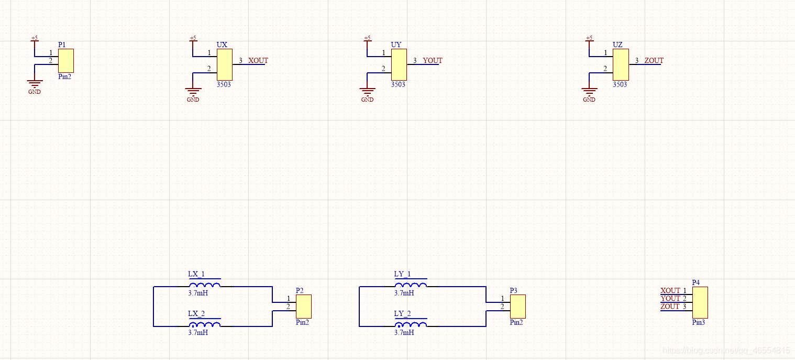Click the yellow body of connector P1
click(x=66, y=60)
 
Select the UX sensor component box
click(x=225, y=64)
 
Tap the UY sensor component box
click(x=399, y=64)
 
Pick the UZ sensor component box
click(x=621, y=64)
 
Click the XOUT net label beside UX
click(x=258, y=61)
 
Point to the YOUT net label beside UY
click(x=433, y=61)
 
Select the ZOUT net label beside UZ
click(x=654, y=61)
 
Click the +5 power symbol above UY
click(x=367, y=39)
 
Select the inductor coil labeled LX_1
click(x=205, y=285)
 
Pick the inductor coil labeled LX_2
click(x=205, y=324)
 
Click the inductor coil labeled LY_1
click(x=411, y=285)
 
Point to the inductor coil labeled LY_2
click(x=411, y=324)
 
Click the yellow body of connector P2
click(x=304, y=306)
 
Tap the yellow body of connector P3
click(x=518, y=306)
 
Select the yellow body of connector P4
click(x=700, y=302)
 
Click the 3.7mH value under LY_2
click(x=404, y=332)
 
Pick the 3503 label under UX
click(x=224, y=84)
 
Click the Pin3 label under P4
click(x=698, y=322)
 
